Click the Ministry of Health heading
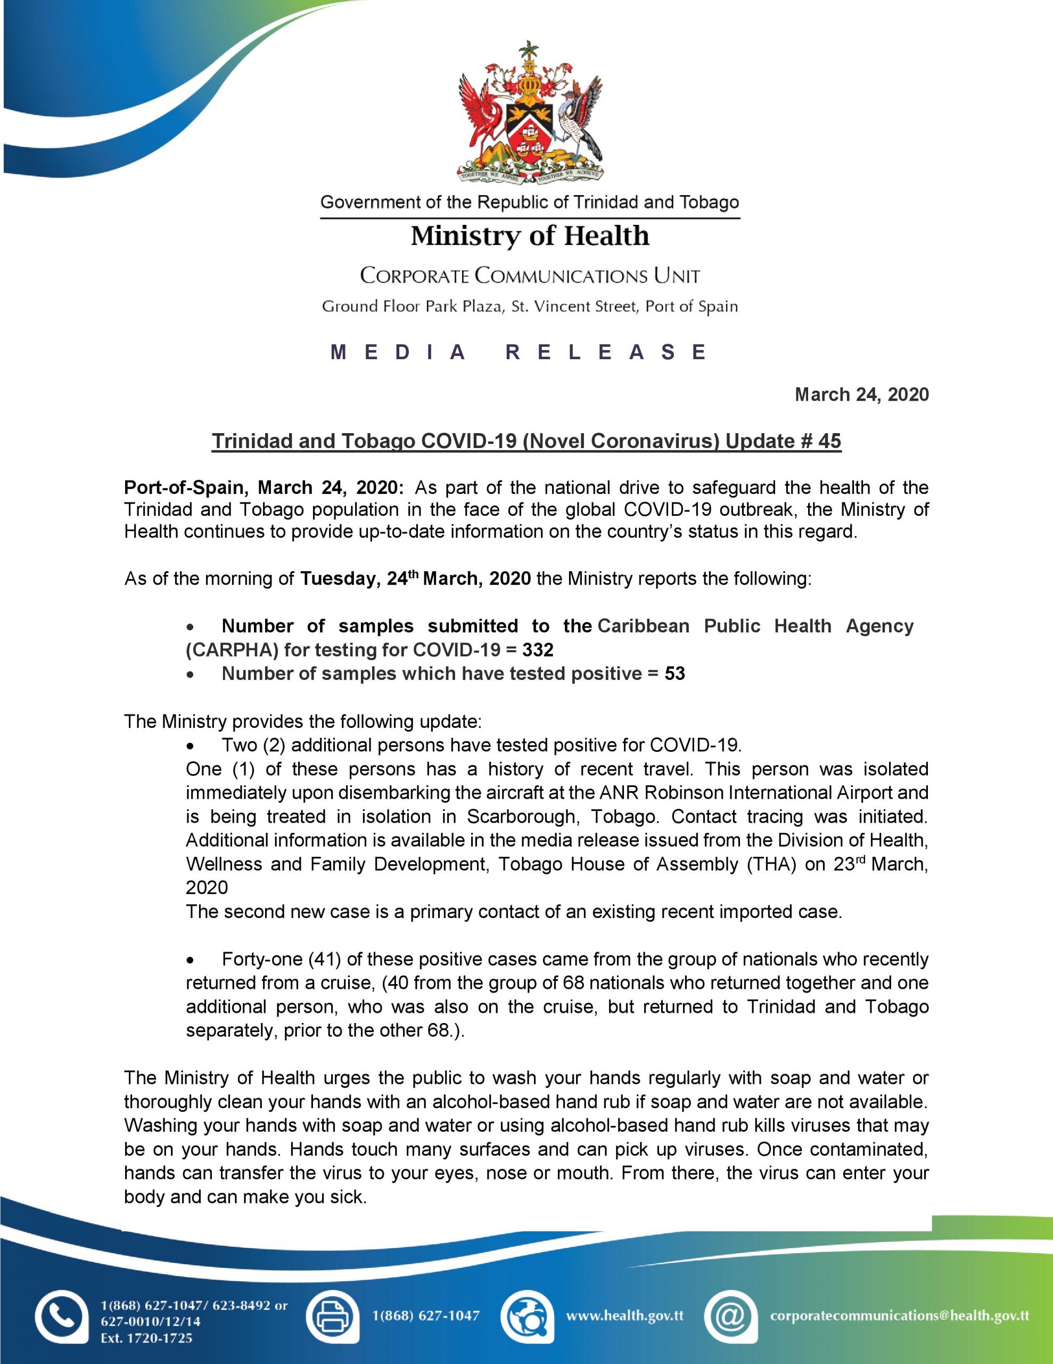tap(530, 236)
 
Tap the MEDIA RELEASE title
tap(520, 352)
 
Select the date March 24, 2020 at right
tap(861, 395)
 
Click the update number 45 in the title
tap(829, 441)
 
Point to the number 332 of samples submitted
tap(538, 650)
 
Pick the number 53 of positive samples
tap(674, 674)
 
